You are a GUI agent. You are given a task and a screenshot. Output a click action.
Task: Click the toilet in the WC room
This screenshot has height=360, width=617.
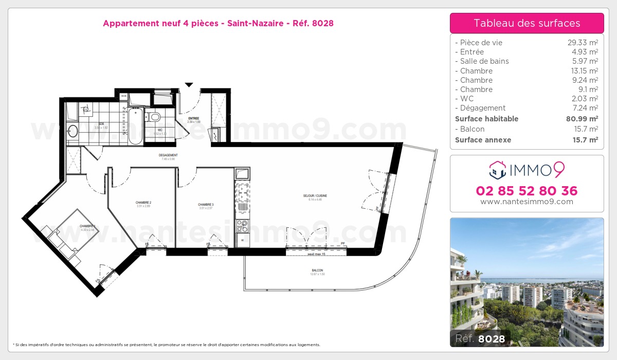coord(153,116)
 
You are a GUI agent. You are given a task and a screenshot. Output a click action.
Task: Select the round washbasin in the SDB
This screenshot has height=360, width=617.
coord(72,131)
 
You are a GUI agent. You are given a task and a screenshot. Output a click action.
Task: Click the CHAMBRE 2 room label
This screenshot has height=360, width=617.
coord(143,203)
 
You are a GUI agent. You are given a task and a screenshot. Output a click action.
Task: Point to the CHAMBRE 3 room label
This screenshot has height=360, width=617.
coord(206,205)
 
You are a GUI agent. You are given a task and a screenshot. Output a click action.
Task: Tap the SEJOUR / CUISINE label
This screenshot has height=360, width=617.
coord(315,196)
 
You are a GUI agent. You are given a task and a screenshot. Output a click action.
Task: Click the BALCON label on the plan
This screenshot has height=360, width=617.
coord(317,271)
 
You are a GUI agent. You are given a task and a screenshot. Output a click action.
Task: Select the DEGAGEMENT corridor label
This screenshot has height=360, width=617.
coord(168,155)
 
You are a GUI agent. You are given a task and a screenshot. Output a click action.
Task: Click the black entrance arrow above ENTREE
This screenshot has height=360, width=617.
coord(189,85)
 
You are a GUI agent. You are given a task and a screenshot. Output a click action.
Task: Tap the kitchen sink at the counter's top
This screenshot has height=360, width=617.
coord(242,174)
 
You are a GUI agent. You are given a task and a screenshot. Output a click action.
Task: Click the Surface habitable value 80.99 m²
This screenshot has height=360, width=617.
coord(580,119)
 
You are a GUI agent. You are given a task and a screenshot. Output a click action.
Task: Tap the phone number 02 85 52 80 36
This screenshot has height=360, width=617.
coord(527,191)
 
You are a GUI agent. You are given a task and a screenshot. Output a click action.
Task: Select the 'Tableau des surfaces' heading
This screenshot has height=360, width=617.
coord(527,23)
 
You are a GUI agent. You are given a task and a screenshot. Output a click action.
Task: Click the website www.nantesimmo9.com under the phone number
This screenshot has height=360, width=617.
coord(527,202)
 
